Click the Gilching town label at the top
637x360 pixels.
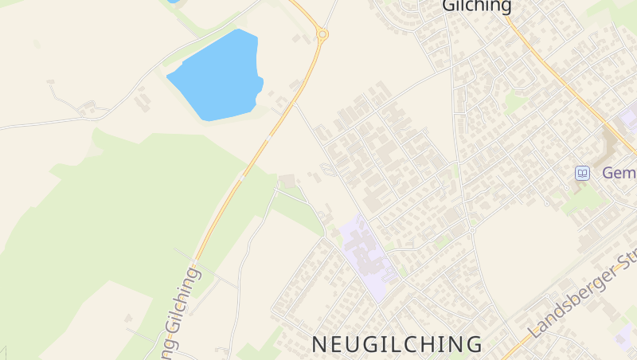(x=476, y=6)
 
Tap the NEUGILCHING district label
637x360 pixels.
(x=397, y=344)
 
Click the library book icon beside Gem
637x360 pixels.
(x=583, y=173)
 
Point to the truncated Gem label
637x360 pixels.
(x=619, y=173)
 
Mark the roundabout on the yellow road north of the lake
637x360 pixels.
(x=322, y=34)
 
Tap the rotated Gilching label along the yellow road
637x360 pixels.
(x=181, y=313)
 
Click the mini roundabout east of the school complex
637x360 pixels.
(x=471, y=230)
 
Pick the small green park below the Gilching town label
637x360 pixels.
(x=514, y=102)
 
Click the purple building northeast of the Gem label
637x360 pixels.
(x=629, y=119)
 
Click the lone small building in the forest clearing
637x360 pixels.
(x=128, y=319)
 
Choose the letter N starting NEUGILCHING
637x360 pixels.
(x=318, y=344)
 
